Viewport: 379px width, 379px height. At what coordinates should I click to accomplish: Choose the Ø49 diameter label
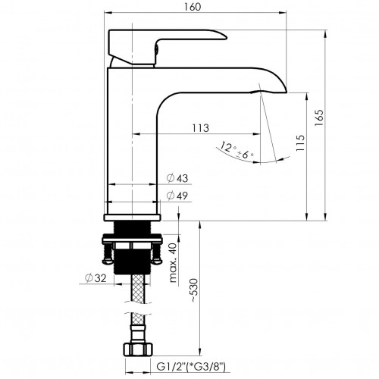pos(177,196)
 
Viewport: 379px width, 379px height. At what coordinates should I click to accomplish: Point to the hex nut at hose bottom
pos(136,350)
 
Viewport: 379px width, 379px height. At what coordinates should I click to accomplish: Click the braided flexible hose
pos(136,303)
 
